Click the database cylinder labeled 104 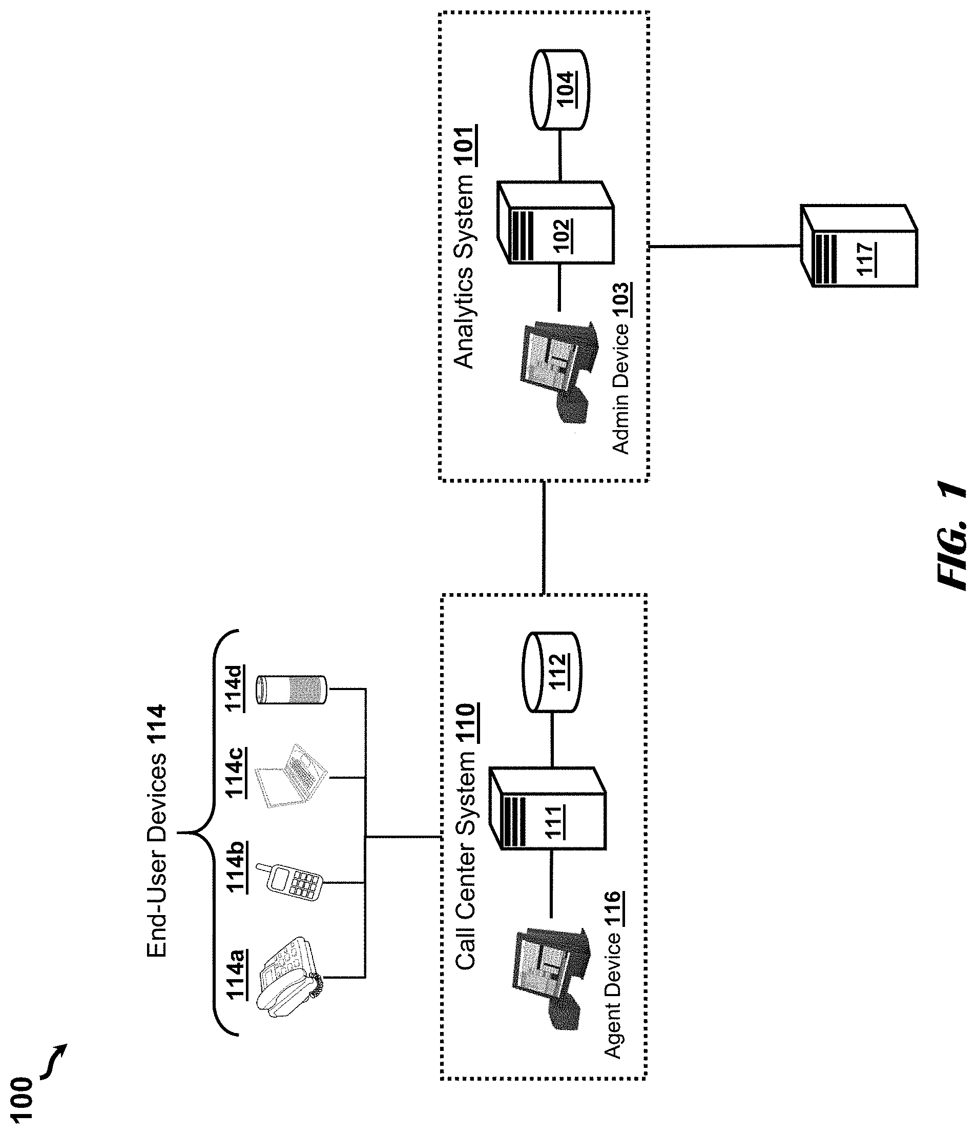click(x=558, y=90)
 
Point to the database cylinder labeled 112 click(x=551, y=672)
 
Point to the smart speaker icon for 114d click(x=292, y=689)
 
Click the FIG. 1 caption click(x=952, y=536)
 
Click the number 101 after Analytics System click(x=466, y=146)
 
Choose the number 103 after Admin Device click(x=621, y=300)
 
